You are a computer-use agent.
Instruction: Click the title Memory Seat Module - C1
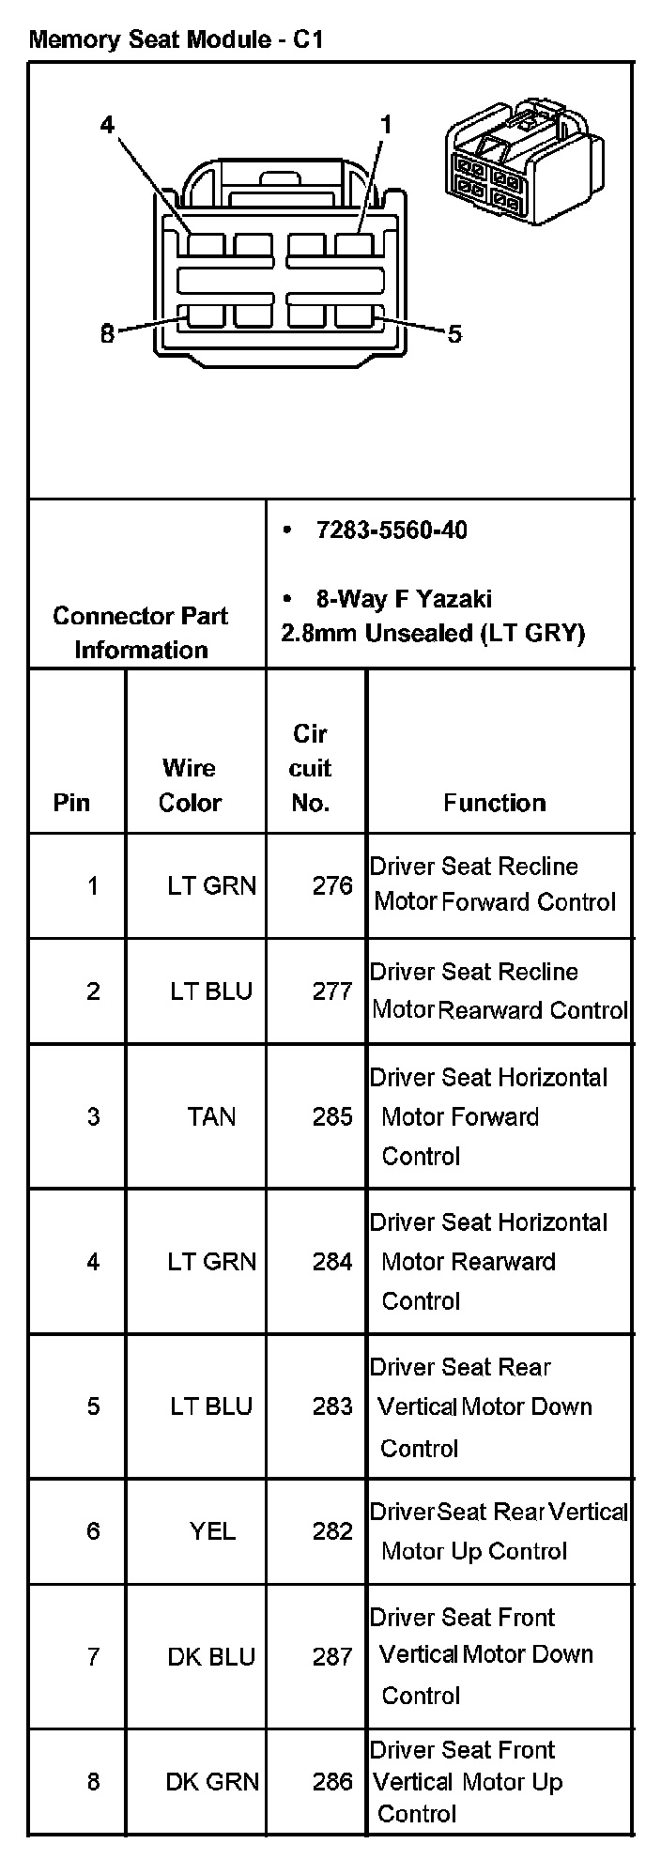coord(177,40)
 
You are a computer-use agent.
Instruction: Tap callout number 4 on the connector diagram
coord(107,125)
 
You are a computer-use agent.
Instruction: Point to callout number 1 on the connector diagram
coord(385,125)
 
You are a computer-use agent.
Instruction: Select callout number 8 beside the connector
coord(107,333)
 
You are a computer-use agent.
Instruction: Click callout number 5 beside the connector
coord(454,334)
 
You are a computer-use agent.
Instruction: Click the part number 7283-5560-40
coord(391,530)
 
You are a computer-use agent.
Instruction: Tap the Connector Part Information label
coord(141,632)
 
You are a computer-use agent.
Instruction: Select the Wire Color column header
coord(190,785)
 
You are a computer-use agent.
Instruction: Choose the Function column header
coord(494,803)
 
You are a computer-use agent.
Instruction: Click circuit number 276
coord(332,885)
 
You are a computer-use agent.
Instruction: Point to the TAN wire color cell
coord(211,1116)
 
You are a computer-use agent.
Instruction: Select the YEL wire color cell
coord(212,1531)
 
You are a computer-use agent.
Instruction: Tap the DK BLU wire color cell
coord(211,1657)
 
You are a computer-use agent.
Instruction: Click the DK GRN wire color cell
coord(212,1781)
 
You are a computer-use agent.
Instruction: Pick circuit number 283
coord(332,1406)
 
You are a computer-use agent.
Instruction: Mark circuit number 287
coord(332,1657)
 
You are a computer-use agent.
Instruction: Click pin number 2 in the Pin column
coord(93,991)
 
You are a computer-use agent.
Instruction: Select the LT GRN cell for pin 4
coord(211,1261)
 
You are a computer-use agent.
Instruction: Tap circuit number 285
coord(332,1116)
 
